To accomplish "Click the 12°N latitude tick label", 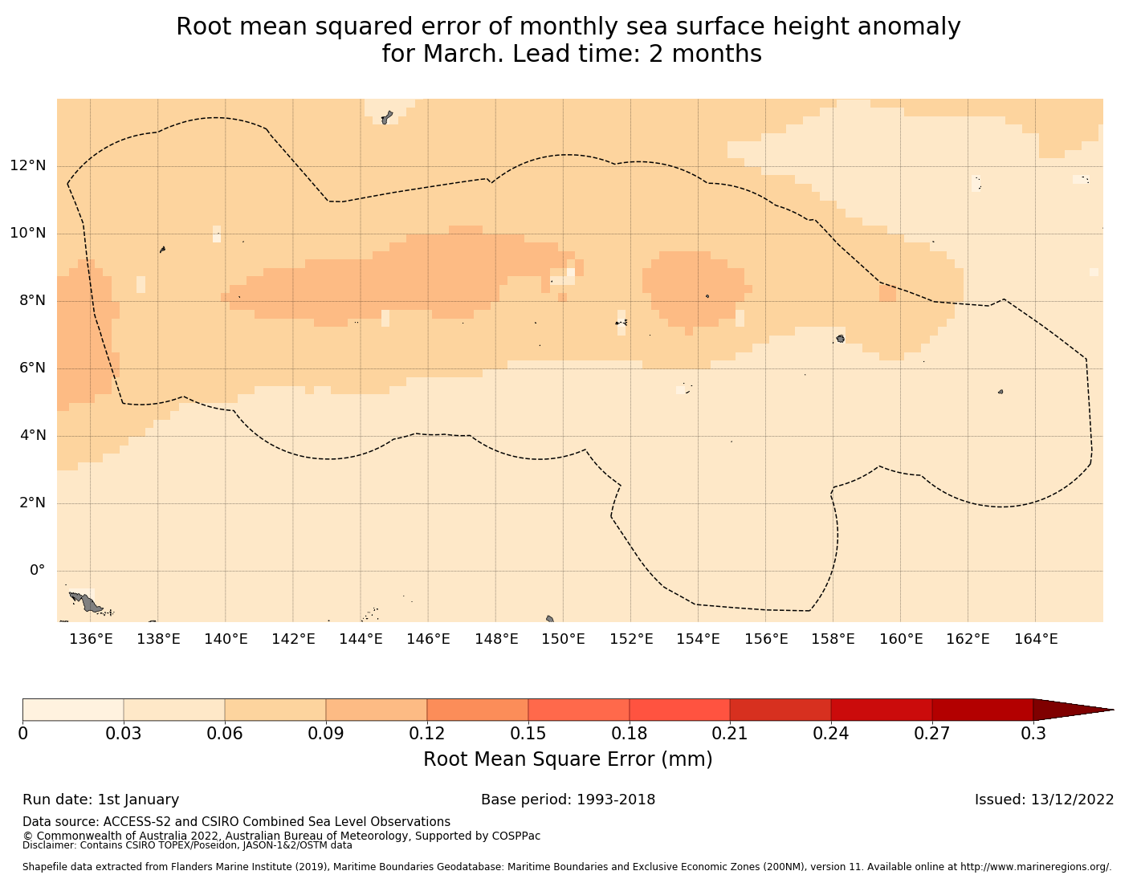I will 27,166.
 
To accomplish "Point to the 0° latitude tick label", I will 37,571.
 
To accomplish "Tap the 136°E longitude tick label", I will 90,639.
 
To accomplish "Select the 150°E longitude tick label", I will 563,639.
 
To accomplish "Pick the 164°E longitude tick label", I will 1035,639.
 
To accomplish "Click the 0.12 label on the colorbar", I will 427,734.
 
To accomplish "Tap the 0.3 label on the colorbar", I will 1033,734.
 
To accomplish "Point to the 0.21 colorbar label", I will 730,734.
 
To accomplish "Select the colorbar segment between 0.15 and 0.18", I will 578,710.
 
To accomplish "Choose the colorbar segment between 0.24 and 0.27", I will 881,710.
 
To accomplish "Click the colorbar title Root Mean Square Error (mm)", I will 568,759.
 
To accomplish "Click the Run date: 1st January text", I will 100,800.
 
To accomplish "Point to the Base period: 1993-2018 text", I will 568,800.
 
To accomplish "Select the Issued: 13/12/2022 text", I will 1044,800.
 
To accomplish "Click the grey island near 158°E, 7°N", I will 840,339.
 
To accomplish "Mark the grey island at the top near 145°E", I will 386,118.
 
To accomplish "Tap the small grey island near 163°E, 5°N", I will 1000,392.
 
